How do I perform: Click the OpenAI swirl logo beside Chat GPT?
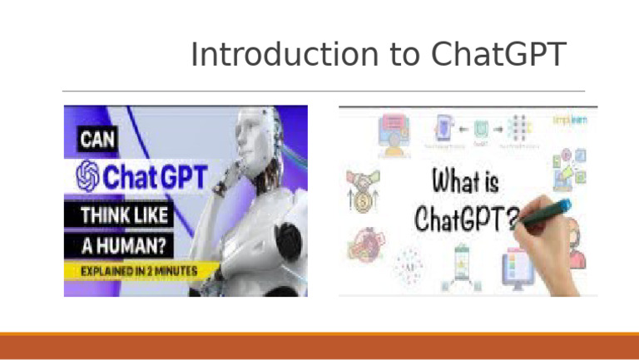(x=88, y=177)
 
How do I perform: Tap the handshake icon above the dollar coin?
(x=364, y=181)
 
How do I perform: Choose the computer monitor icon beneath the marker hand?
(x=515, y=270)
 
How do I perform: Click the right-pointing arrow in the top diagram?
(x=500, y=128)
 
